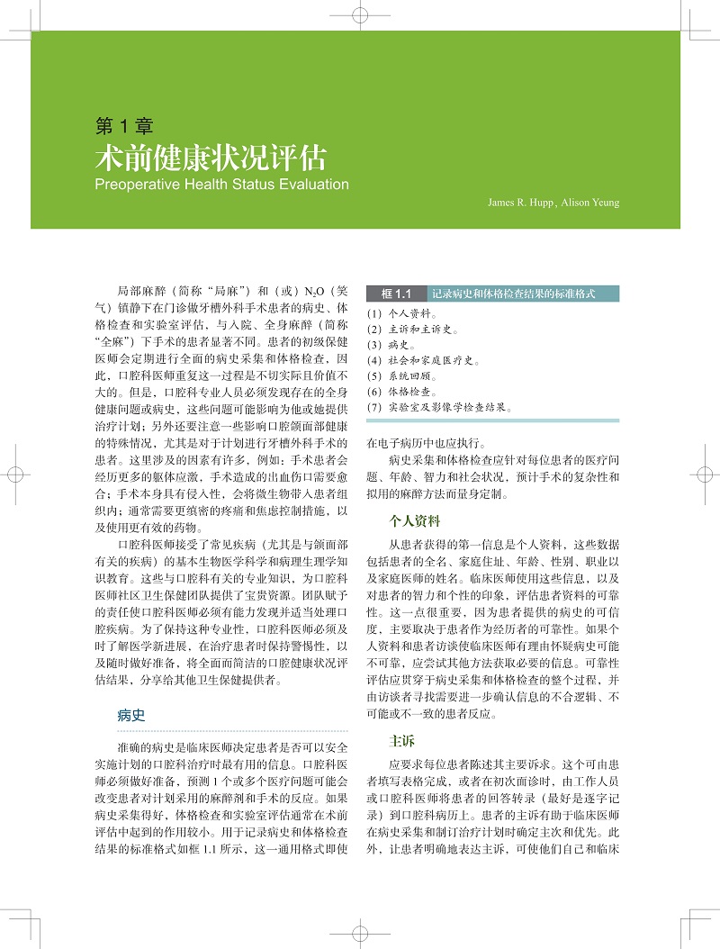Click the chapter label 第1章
tap(123, 126)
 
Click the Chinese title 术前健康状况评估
tap(211, 158)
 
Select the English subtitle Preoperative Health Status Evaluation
tap(221, 185)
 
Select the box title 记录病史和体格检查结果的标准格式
tap(514, 294)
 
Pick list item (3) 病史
tap(391, 346)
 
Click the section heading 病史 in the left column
tap(130, 716)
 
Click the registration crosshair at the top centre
tap(359, 15)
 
